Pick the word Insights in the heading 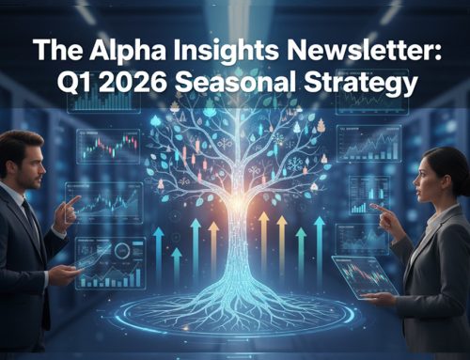pos(220,51)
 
